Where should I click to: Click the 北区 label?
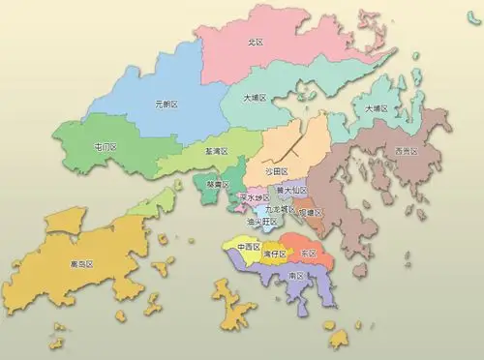click(257, 43)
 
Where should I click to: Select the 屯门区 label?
click(105, 147)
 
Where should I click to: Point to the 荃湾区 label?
click(217, 152)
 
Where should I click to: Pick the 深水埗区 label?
click(254, 197)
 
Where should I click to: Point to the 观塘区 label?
click(311, 212)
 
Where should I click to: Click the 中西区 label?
click(247, 247)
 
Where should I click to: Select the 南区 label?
click(297, 276)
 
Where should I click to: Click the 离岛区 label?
click(81, 263)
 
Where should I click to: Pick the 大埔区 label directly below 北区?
click(256, 98)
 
